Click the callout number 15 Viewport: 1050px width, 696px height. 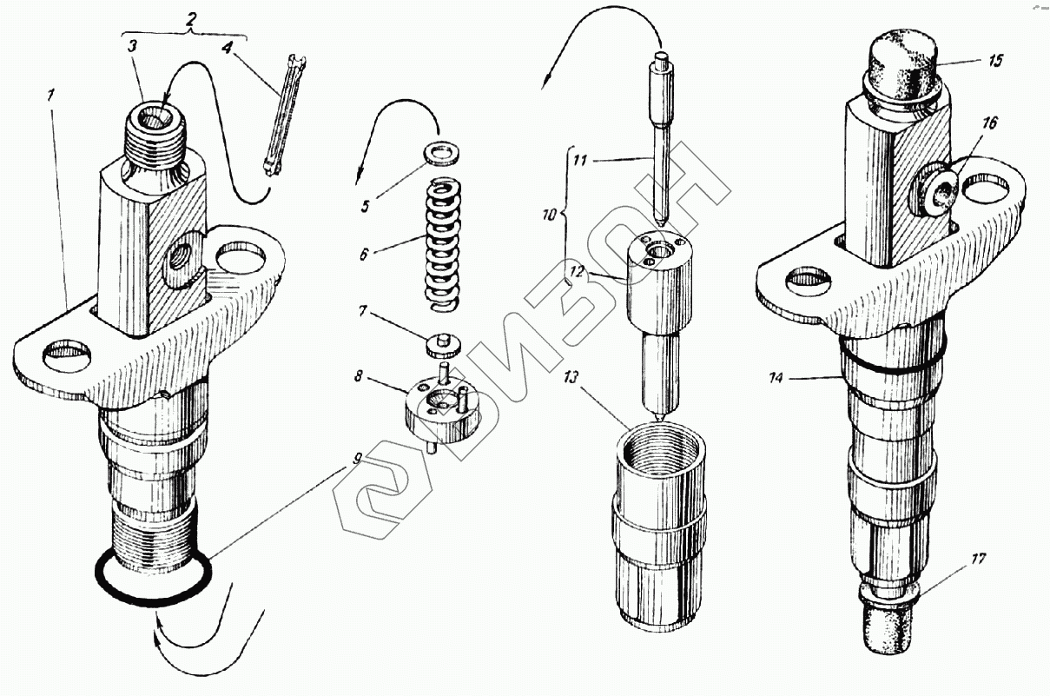tap(994, 60)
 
